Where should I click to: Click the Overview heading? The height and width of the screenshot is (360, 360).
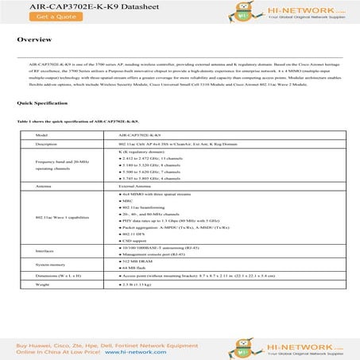[x=35, y=39]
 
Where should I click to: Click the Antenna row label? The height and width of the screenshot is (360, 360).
[x=45, y=187]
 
